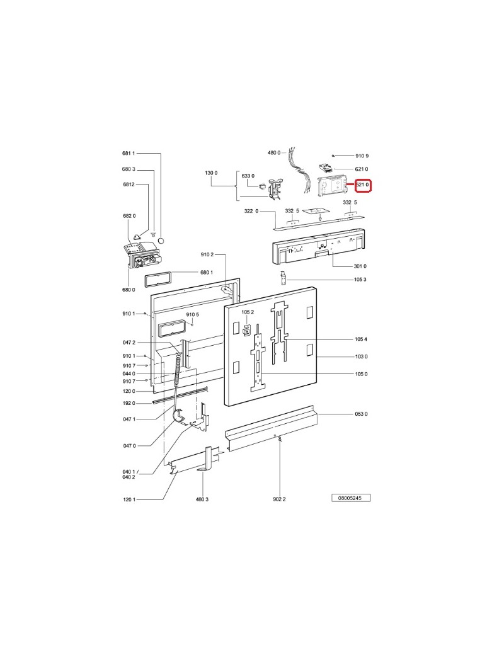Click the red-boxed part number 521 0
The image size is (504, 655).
point(363,185)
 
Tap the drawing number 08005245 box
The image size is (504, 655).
point(351,498)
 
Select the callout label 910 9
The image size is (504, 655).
point(362,156)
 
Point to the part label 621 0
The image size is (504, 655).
point(362,169)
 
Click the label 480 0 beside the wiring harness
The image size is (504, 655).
point(274,153)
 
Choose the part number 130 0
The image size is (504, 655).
point(211,173)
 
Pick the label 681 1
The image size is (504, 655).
point(129,153)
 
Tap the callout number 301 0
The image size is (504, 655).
point(360,266)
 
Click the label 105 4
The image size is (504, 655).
point(360,339)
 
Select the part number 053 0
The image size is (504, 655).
point(361,414)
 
